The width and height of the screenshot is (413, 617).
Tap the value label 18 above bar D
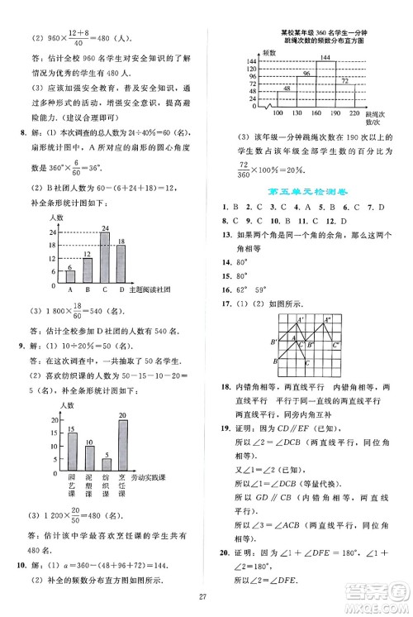(122, 241)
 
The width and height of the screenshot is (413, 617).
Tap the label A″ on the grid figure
(327, 320)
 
